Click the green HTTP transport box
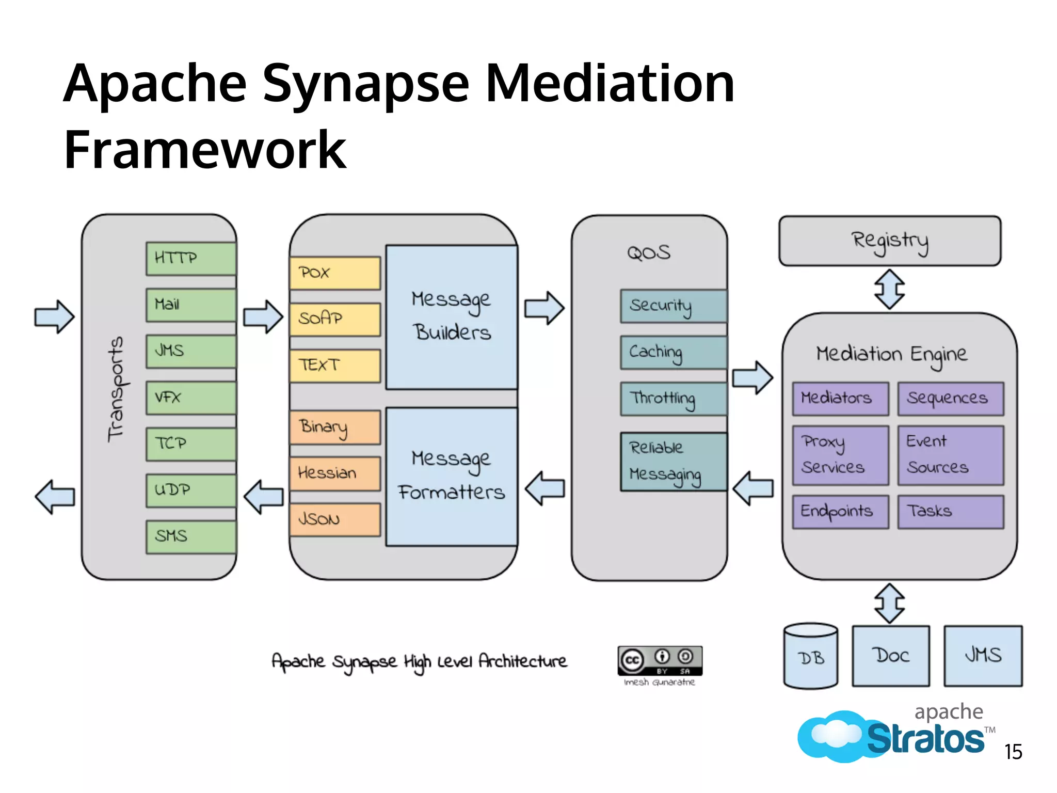tap(191, 258)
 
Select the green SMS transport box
tap(191, 536)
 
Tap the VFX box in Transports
tap(191, 398)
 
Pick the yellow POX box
tap(335, 273)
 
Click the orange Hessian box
tap(335, 473)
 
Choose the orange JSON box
tap(335, 519)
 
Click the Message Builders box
tap(452, 316)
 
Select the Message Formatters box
tap(452, 476)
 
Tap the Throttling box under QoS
tap(674, 399)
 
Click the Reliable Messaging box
tap(674, 461)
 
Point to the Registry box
tap(890, 241)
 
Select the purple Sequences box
tap(951, 398)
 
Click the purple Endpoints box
tap(840, 512)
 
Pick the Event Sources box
tap(951, 455)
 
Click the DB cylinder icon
tap(810, 656)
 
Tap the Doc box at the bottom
tap(891, 656)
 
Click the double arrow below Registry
tap(889, 289)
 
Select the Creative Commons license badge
tap(660, 660)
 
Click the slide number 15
tap(1013, 752)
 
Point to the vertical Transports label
tap(117, 390)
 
